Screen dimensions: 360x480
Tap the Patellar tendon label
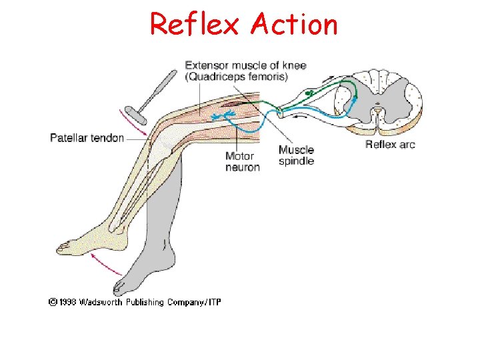coord(87,138)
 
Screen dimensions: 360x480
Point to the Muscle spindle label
coord(296,155)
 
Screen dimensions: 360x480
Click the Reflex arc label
coord(390,144)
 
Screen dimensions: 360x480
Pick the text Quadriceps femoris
coord(237,77)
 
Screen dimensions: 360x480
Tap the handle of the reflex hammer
coord(158,86)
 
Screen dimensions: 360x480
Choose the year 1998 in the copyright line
coord(65,303)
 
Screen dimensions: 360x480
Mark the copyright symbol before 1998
coord(51,303)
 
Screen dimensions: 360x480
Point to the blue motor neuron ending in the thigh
coord(221,117)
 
